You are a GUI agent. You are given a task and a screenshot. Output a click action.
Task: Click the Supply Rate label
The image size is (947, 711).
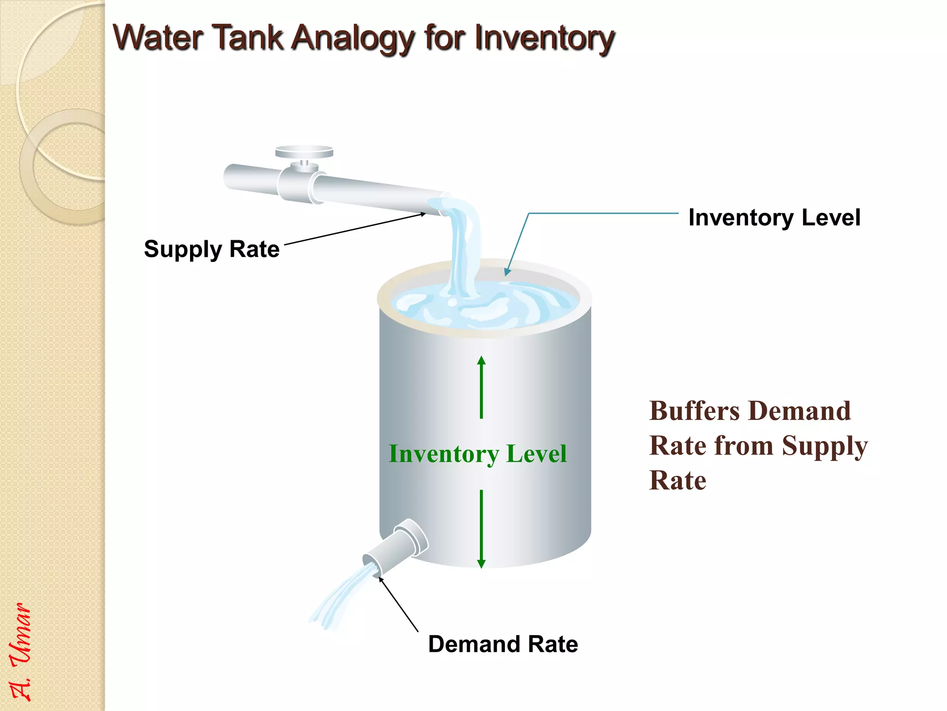click(211, 249)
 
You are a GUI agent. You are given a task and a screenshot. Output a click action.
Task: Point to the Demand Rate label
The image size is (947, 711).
click(503, 644)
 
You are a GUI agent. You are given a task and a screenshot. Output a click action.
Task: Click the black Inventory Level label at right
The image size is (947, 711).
click(774, 217)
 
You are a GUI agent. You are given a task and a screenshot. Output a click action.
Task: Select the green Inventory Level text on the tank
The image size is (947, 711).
click(478, 454)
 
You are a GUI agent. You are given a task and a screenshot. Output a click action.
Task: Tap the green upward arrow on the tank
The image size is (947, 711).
click(481, 387)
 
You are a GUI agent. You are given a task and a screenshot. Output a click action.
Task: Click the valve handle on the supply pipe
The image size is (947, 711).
click(304, 152)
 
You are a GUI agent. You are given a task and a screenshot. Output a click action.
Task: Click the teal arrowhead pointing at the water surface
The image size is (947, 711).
click(507, 272)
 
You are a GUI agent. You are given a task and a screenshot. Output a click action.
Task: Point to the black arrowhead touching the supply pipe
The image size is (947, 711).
click(423, 214)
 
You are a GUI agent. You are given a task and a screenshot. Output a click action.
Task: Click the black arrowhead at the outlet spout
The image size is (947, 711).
click(381, 579)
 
